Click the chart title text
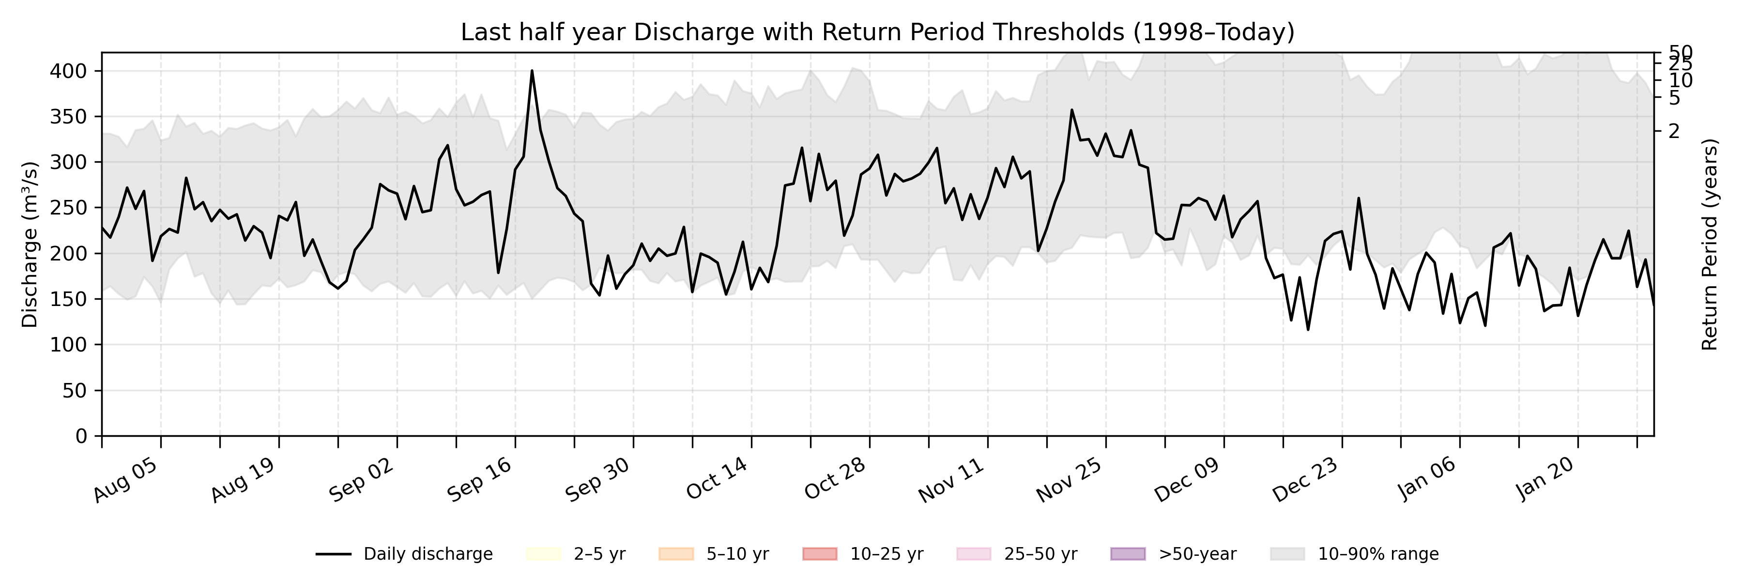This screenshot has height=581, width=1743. [877, 32]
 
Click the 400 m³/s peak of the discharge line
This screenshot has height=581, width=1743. [532, 71]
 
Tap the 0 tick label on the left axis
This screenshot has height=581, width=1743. [81, 436]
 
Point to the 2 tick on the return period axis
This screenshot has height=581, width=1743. [1674, 131]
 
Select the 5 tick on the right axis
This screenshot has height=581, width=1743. [1674, 97]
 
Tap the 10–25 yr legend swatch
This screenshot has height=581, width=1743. [819, 554]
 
